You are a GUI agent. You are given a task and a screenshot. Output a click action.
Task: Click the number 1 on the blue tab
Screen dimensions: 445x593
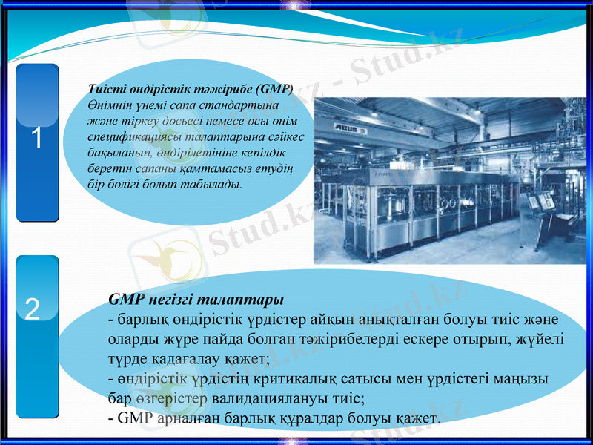pos(36,139)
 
